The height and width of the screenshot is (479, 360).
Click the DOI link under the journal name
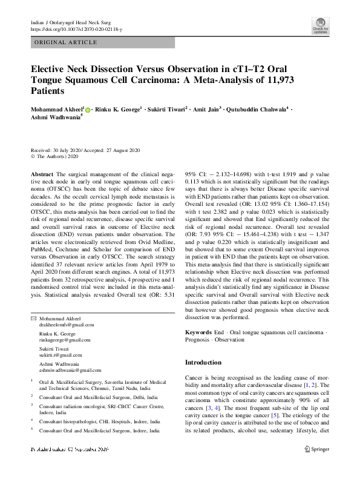coord(76,28)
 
